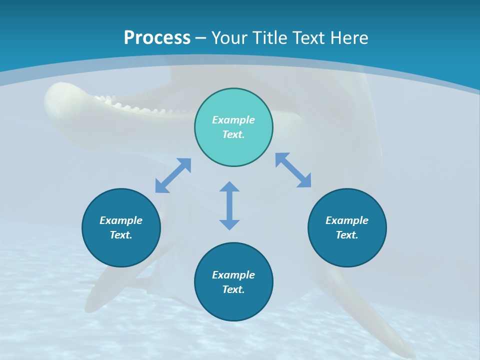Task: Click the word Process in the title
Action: coord(157,38)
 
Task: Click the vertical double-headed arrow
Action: coord(229,205)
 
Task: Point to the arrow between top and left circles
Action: coord(173,175)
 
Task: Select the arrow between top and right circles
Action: coord(293,170)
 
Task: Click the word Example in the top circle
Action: coord(233,120)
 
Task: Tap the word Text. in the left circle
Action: coord(121,235)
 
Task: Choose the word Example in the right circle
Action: coord(347,220)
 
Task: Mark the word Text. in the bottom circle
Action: coord(233,289)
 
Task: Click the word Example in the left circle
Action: coord(121,220)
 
